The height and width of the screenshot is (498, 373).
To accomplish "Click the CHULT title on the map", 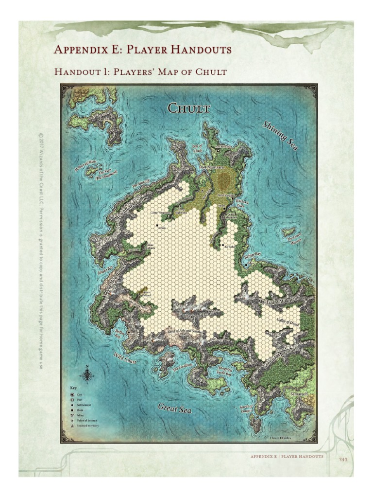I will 189,108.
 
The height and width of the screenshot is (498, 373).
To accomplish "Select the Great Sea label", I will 174,408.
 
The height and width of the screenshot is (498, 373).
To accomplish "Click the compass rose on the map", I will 87,375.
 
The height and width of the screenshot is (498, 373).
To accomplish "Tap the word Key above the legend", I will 74,388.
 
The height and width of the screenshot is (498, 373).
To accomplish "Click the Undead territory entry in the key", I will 85,426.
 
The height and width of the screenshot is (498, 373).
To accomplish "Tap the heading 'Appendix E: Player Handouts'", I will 142,50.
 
